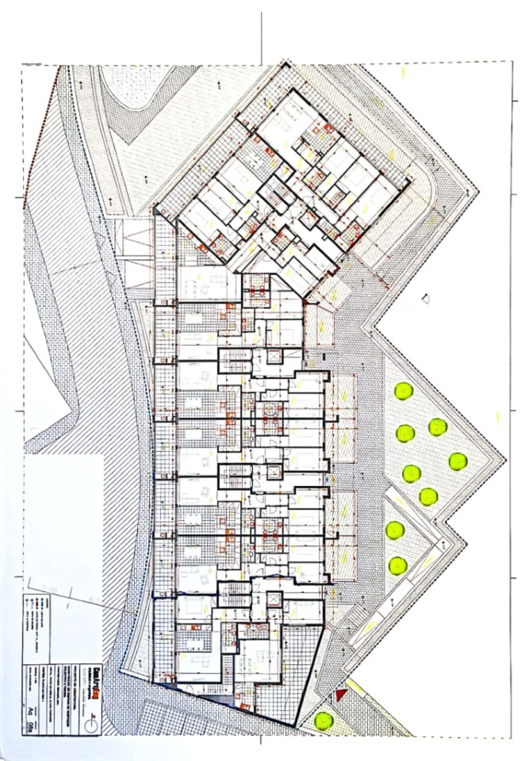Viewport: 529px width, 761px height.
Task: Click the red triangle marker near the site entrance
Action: (x=339, y=695)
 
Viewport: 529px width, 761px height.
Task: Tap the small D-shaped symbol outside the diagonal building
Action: (x=426, y=299)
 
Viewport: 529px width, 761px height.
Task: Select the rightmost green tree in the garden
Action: (x=458, y=461)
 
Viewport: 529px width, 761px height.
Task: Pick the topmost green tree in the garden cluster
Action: (x=403, y=390)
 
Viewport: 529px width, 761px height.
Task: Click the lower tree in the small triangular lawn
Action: (x=398, y=565)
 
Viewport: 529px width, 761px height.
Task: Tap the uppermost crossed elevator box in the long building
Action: (x=273, y=356)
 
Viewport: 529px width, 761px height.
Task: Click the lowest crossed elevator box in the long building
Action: (x=273, y=600)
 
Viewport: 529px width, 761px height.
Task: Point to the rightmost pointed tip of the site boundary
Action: (x=505, y=459)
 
